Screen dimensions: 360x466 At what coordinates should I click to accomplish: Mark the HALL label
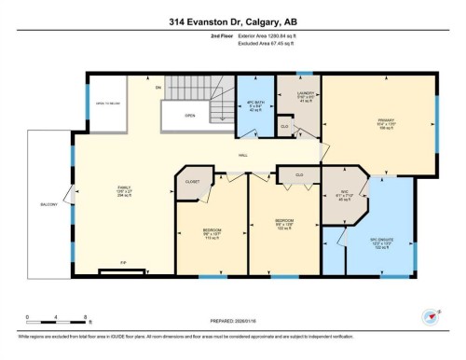(242, 156)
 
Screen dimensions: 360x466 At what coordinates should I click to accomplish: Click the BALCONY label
(48, 203)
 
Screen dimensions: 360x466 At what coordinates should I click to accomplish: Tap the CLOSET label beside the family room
(193, 182)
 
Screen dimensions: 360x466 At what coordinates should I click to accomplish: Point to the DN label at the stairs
(158, 88)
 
